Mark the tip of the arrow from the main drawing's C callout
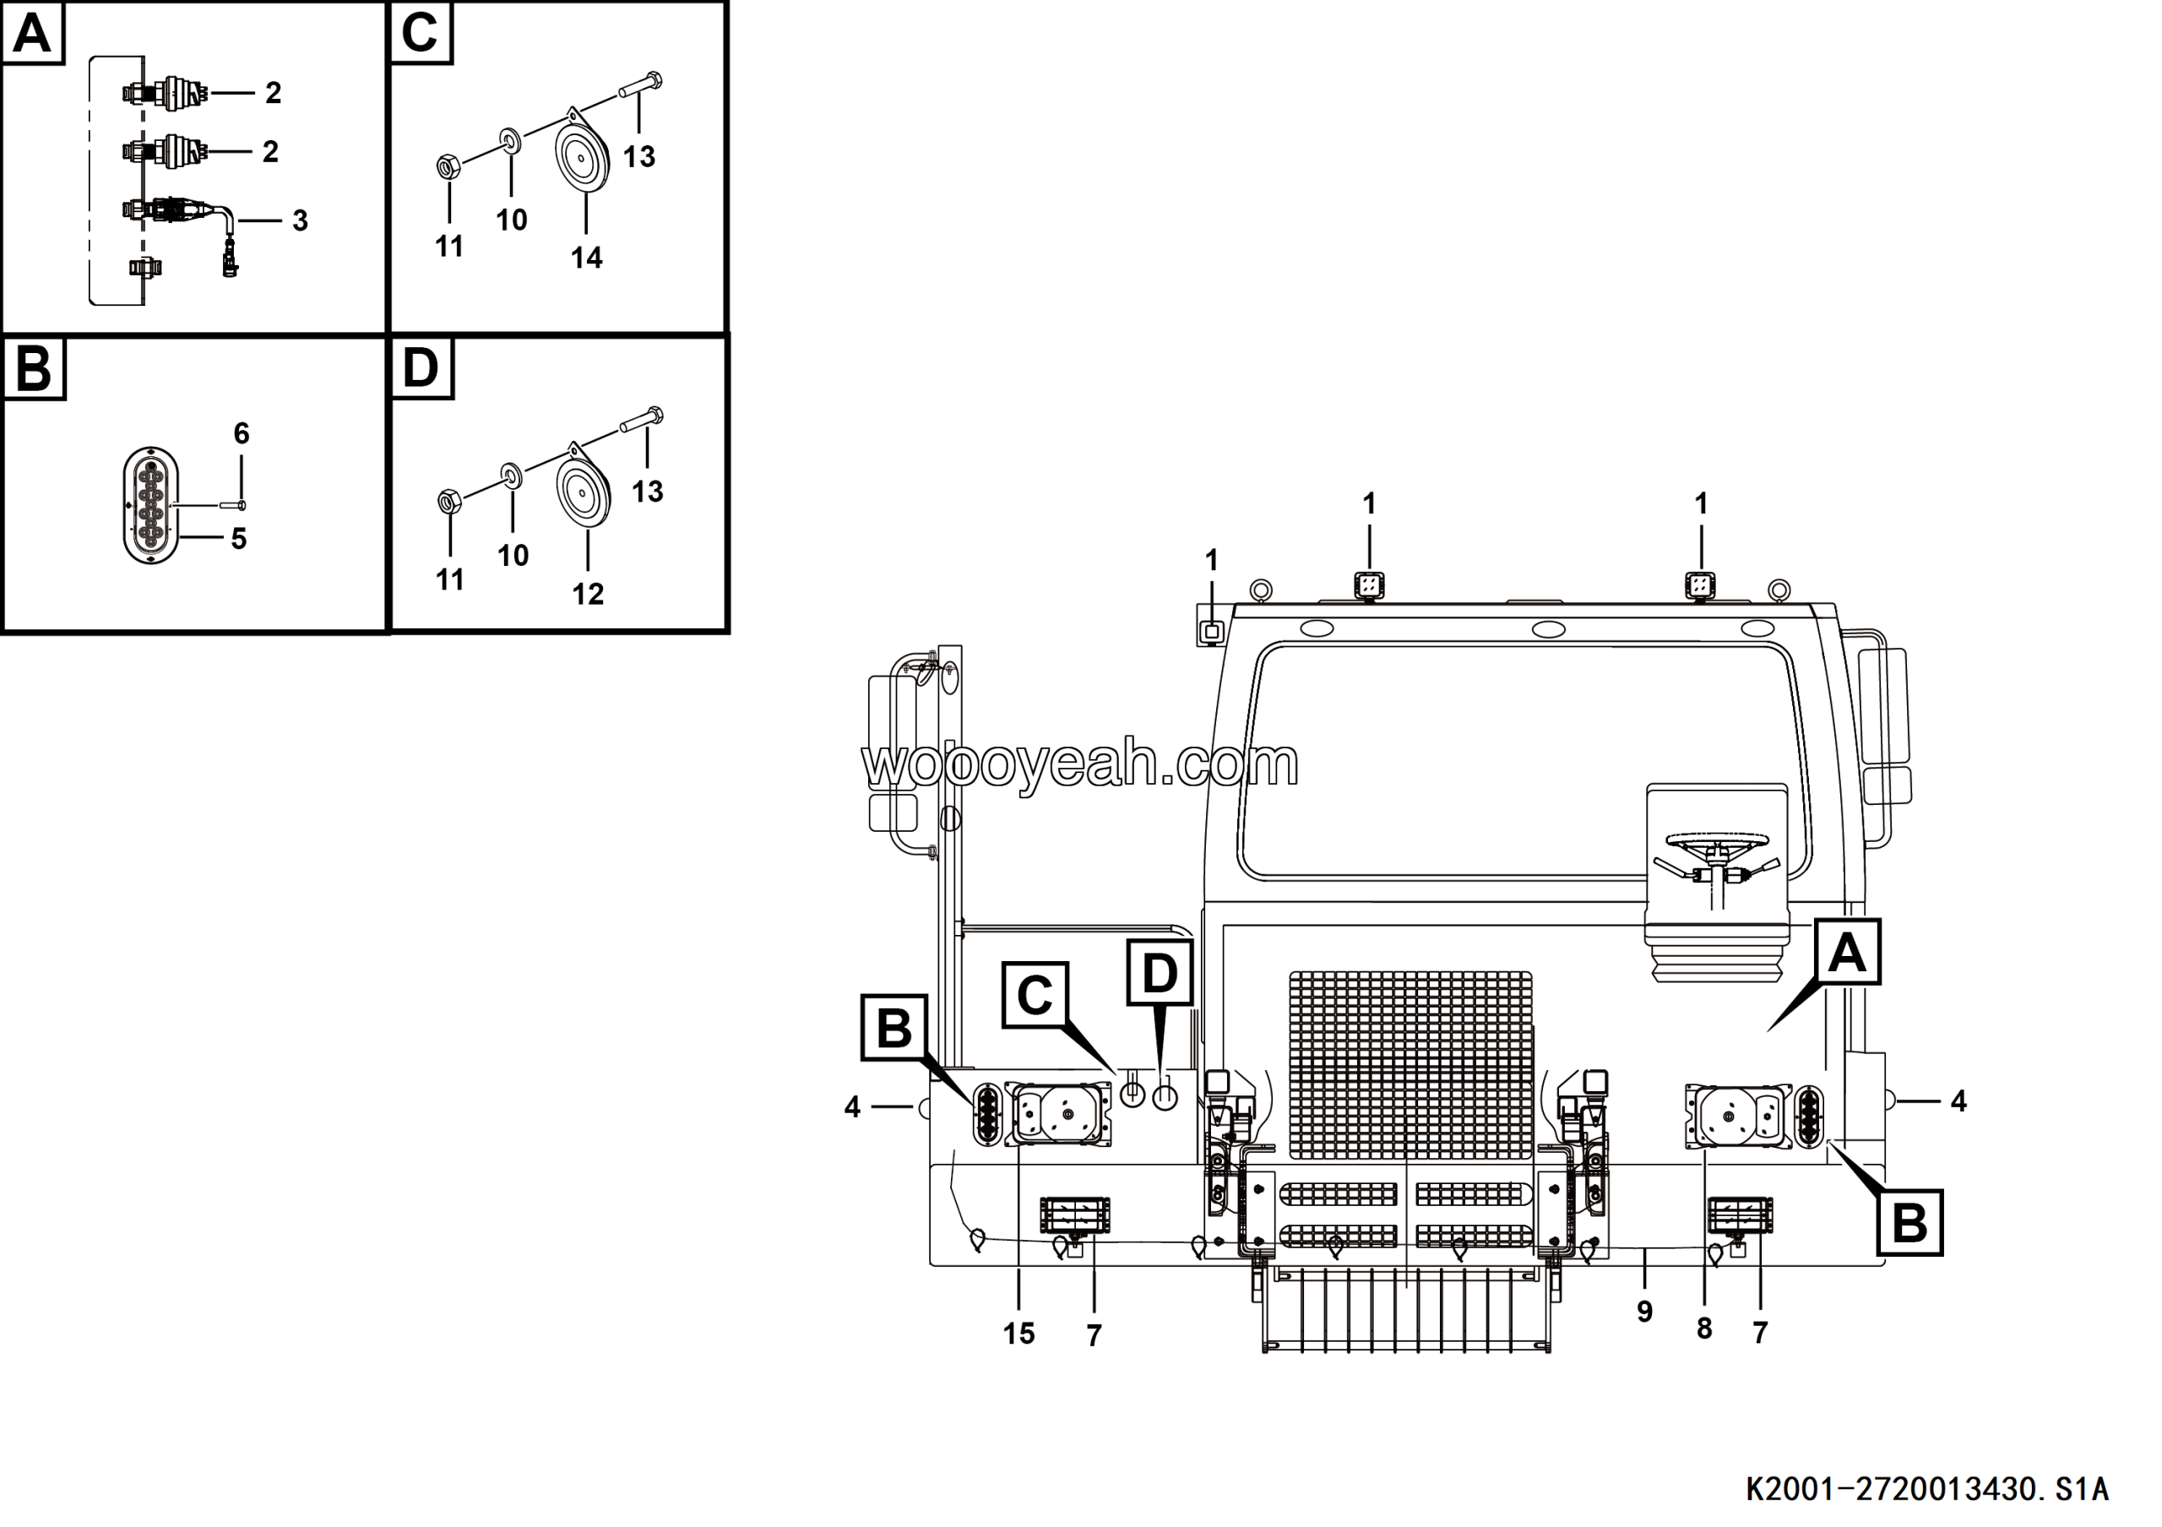click(x=1116, y=1073)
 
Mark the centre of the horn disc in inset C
click(x=581, y=157)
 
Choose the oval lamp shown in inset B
click(x=150, y=506)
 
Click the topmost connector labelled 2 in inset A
click(x=166, y=93)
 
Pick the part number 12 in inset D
click(x=588, y=594)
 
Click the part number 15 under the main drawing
click(x=1019, y=1333)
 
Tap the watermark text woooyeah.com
click(x=1080, y=763)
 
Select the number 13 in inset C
click(x=639, y=156)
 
